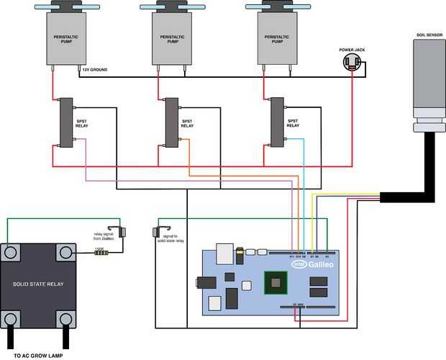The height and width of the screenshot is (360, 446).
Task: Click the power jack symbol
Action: click(x=352, y=63)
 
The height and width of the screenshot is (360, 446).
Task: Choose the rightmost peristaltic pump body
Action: click(x=277, y=40)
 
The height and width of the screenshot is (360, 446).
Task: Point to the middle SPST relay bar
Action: click(x=171, y=123)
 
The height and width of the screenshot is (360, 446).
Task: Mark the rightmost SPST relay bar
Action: click(x=276, y=123)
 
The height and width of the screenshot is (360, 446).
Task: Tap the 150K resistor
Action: click(x=100, y=251)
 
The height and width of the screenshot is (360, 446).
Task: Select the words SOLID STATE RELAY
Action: click(x=38, y=284)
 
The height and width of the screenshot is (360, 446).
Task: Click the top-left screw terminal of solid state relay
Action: click(x=11, y=252)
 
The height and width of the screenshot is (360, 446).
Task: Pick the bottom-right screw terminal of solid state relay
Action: click(x=66, y=318)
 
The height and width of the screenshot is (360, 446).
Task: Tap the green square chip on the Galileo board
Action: click(x=274, y=283)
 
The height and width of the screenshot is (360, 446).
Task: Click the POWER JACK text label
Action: click(x=352, y=50)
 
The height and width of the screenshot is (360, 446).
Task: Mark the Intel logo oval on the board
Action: click(x=299, y=264)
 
